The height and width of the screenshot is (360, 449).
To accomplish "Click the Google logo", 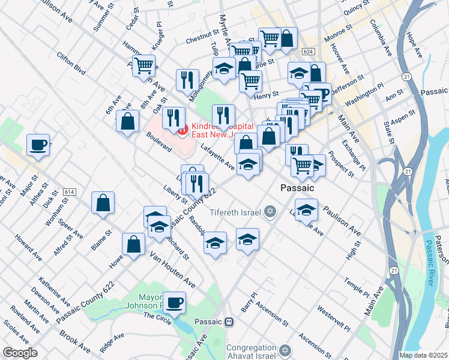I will pyautogui.click(x=20, y=353).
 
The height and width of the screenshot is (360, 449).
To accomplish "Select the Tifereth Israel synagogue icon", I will pyautogui.click(x=270, y=212).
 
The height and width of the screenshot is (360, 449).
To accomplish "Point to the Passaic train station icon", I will pyautogui.click(x=228, y=322).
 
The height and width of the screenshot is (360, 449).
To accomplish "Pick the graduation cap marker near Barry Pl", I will pyautogui.click(x=247, y=239).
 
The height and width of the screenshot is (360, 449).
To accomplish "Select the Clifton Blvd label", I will pyautogui.click(x=71, y=62).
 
